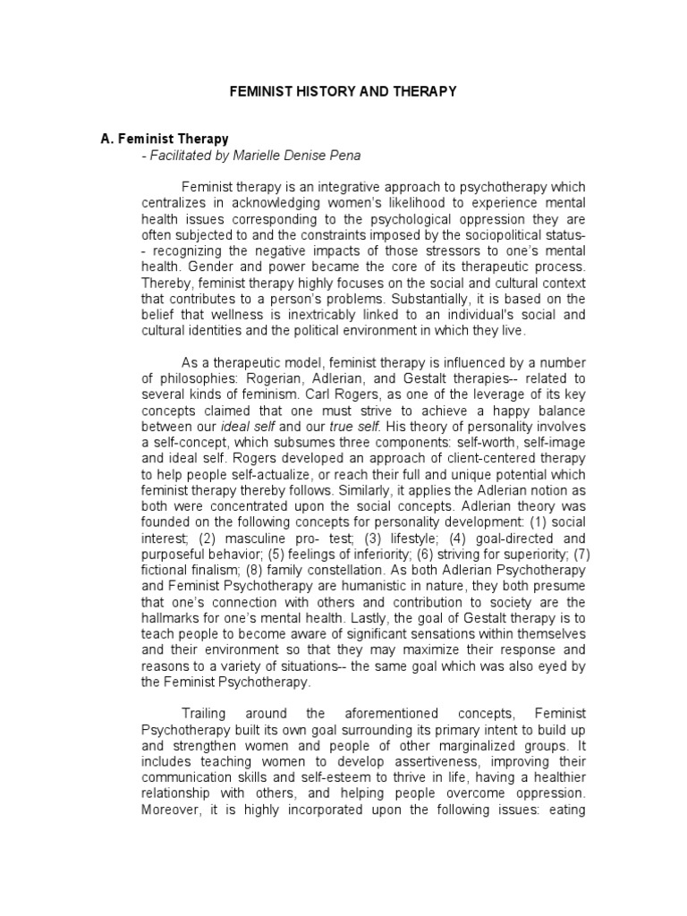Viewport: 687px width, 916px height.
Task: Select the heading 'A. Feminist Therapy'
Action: pos(164,140)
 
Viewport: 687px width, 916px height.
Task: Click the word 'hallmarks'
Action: pos(174,618)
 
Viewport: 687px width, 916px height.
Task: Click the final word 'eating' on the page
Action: pos(565,810)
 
